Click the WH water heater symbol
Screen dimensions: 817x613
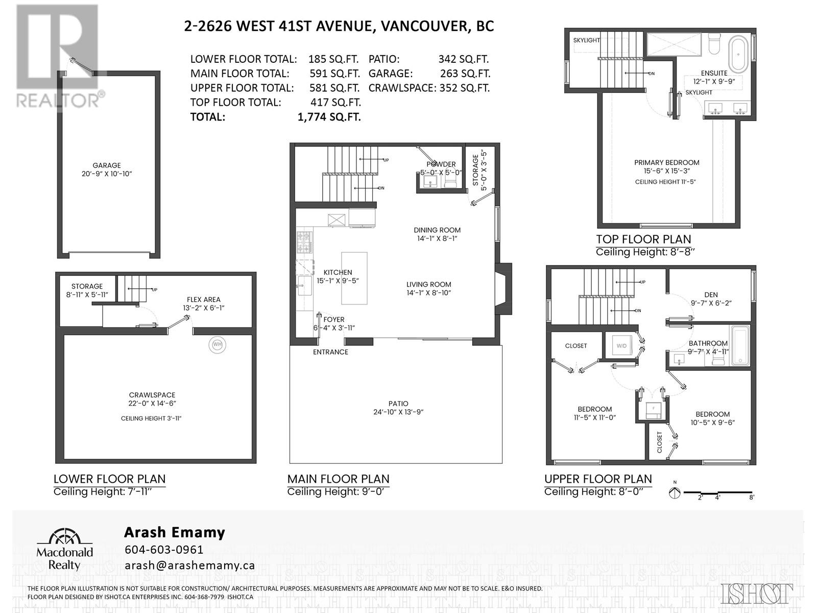(217, 344)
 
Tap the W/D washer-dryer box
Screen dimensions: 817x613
(621, 346)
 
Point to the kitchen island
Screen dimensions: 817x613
(354, 278)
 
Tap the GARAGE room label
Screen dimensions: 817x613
(107, 165)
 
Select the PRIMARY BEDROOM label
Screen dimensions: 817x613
(667, 162)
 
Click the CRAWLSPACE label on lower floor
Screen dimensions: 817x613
(152, 395)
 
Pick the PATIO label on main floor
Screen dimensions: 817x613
(398, 404)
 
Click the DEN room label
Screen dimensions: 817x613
(711, 295)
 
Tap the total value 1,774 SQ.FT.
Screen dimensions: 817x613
(329, 117)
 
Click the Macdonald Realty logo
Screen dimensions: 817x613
(64, 550)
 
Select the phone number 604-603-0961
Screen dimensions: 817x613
(164, 549)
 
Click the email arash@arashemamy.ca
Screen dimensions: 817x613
(190, 565)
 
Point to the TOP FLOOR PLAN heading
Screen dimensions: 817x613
(643, 239)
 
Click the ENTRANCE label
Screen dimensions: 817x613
(330, 352)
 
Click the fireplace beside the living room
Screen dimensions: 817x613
(503, 289)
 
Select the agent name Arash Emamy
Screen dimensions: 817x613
(175, 533)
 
